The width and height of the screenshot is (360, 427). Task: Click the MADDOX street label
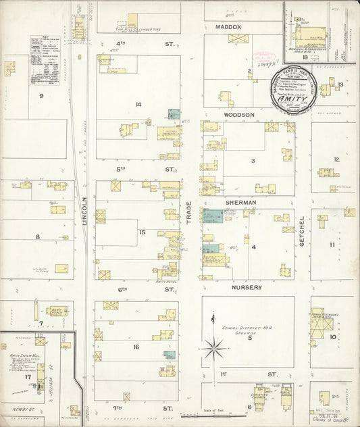click(228, 27)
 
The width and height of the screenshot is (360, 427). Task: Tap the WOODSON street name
click(239, 115)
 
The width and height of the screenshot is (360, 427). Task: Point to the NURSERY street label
click(247, 287)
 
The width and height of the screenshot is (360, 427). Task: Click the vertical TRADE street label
click(189, 214)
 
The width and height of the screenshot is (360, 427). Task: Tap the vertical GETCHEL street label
click(302, 230)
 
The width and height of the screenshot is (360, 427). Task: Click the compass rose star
click(215, 349)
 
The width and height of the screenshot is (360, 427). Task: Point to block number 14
click(138, 104)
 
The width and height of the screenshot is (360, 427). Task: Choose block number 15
click(142, 232)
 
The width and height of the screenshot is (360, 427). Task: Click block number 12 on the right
click(336, 159)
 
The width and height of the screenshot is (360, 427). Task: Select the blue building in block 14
click(174, 114)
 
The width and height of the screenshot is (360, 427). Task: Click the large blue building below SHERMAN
click(213, 216)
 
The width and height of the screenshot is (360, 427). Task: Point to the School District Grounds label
click(247, 330)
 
